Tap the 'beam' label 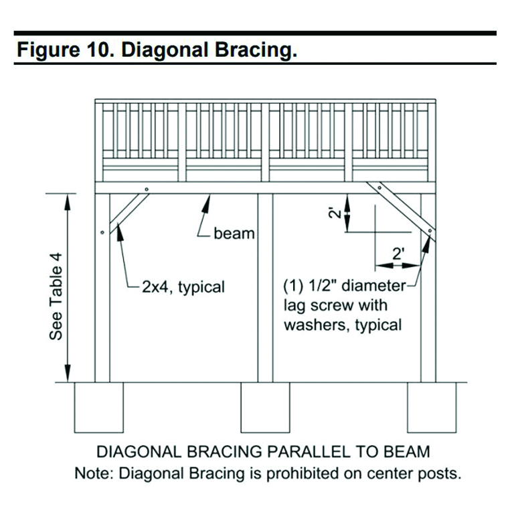point(234,234)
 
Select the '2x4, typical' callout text point(183,288)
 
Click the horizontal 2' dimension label point(398,254)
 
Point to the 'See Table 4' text point(56,294)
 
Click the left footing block point(99,407)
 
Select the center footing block point(265,407)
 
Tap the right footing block point(432,407)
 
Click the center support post point(265,288)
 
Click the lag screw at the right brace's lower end point(428,232)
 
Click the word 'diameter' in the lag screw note point(372,286)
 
